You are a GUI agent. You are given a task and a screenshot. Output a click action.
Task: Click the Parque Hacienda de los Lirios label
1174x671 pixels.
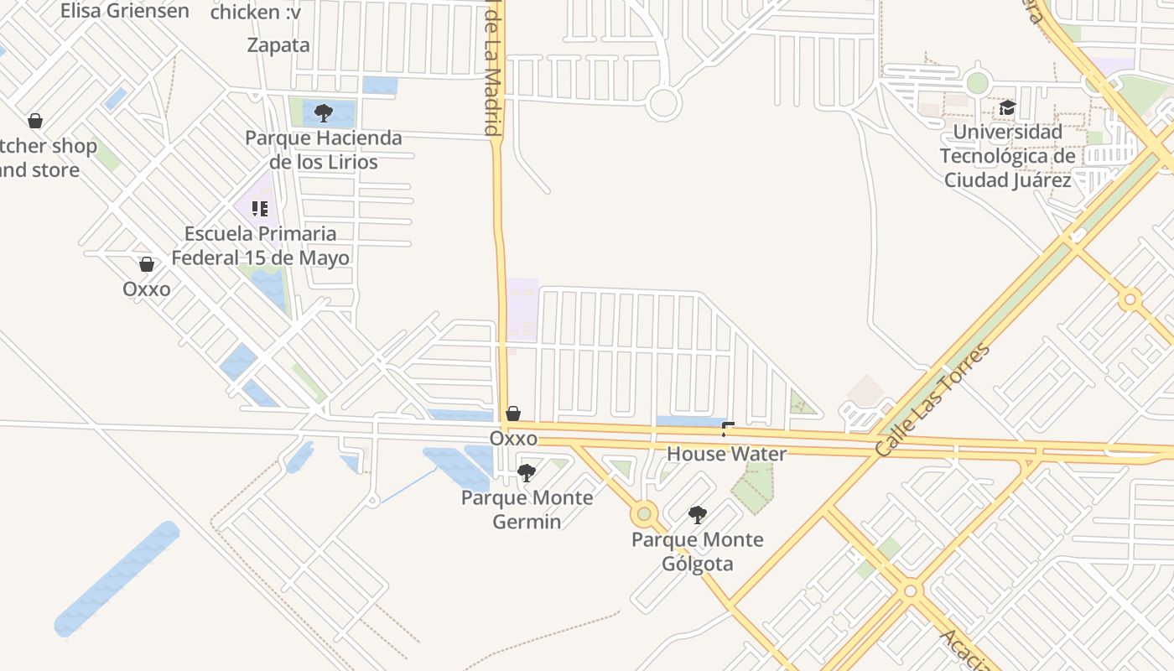click(x=324, y=149)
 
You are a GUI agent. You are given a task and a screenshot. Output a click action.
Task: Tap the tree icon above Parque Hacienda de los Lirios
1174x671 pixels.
click(x=324, y=112)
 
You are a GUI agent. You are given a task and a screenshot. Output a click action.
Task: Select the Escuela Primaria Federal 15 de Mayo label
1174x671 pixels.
click(x=260, y=246)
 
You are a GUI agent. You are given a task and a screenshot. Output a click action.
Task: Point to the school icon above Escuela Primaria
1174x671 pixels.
click(x=260, y=208)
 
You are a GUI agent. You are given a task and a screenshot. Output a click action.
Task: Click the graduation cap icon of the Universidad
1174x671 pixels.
click(x=1007, y=108)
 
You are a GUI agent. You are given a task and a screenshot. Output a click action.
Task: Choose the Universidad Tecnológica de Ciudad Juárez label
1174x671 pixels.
click(x=1007, y=156)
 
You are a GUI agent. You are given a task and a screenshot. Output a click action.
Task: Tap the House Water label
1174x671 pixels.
click(x=726, y=454)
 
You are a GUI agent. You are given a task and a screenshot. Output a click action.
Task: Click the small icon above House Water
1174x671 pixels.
click(x=727, y=429)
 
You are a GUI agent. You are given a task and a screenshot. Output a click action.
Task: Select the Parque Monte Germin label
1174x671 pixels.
click(x=527, y=509)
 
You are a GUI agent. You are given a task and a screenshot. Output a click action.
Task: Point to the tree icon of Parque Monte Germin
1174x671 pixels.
click(x=526, y=473)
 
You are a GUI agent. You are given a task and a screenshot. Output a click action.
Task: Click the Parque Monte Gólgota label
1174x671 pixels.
click(x=698, y=551)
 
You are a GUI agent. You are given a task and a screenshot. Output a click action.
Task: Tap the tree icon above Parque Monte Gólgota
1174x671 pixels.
click(x=697, y=515)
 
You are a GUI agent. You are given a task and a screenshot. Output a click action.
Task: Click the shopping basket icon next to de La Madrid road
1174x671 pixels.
click(x=513, y=414)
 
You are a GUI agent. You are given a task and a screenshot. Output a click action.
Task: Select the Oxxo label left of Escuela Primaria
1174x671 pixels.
click(x=146, y=289)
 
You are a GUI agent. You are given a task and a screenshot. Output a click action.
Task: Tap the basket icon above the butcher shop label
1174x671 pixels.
click(x=35, y=122)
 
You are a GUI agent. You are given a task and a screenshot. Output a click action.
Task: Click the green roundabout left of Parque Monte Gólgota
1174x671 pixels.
click(x=644, y=513)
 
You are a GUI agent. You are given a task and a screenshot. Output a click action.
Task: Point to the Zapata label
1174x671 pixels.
click(x=278, y=45)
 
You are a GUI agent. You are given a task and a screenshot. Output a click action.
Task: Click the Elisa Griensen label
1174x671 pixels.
click(x=124, y=11)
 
